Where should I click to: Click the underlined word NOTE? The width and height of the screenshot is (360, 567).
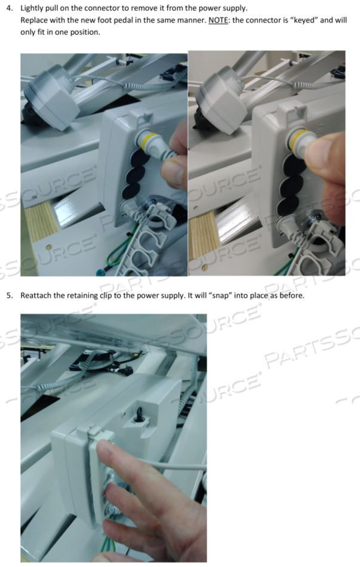(218, 20)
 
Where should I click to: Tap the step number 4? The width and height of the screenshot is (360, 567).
(10, 8)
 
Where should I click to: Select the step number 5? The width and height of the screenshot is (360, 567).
(10, 295)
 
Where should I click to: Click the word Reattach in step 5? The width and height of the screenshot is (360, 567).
(36, 295)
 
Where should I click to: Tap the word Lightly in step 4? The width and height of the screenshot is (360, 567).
(32, 8)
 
